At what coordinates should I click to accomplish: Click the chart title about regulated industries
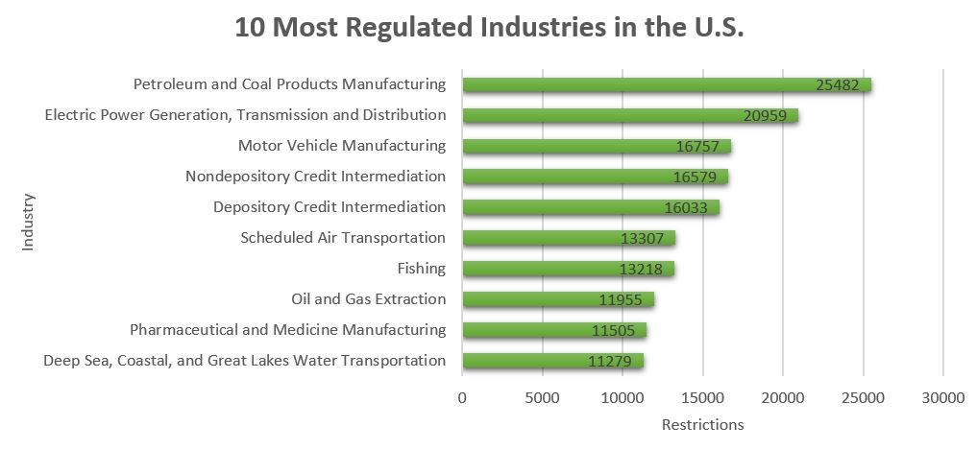pyautogui.click(x=490, y=28)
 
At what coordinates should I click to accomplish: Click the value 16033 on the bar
pyautogui.click(x=689, y=208)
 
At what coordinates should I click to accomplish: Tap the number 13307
pyautogui.click(x=647, y=239)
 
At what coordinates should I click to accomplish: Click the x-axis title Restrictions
pyautogui.click(x=702, y=424)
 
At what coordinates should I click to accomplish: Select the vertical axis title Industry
pyautogui.click(x=28, y=223)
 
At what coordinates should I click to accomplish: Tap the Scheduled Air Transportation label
pyautogui.click(x=343, y=238)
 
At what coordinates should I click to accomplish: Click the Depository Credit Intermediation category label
pyautogui.click(x=330, y=207)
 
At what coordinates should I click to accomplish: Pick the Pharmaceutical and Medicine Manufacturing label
pyautogui.click(x=288, y=330)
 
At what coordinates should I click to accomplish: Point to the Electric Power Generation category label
pyautogui.click(x=246, y=115)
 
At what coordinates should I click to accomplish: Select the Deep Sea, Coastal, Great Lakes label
pyautogui.click(x=245, y=361)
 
